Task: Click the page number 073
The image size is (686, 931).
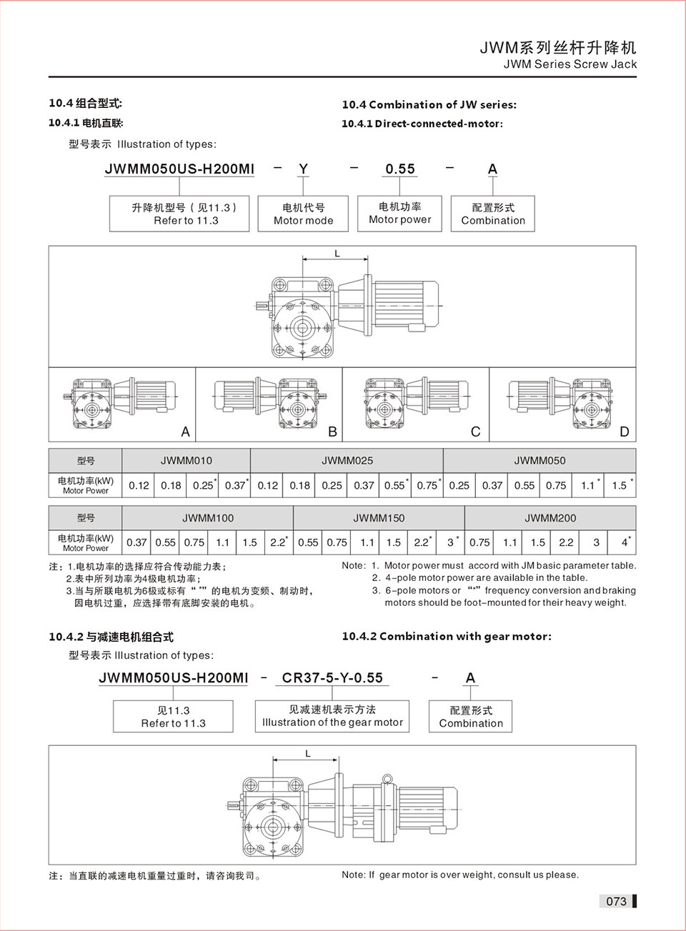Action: point(616,901)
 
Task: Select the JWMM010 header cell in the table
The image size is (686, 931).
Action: point(187,461)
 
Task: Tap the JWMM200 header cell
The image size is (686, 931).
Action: point(550,518)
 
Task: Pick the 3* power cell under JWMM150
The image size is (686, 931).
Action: point(452,542)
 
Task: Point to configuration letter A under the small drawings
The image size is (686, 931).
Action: point(186,432)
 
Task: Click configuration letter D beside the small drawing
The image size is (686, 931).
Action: point(625,432)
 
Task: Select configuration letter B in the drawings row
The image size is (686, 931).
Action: point(332,432)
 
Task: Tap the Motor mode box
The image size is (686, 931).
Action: point(303,214)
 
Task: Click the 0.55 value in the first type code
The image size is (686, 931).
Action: point(400,169)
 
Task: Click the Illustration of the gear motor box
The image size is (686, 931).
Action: point(332,716)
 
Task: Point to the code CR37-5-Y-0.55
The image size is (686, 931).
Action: point(332,677)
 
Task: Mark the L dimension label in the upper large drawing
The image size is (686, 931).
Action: point(337,254)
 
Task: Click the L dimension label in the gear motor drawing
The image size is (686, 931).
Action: point(308,754)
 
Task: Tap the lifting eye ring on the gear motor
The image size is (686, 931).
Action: point(387,780)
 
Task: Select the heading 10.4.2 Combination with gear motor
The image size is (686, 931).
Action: point(447,636)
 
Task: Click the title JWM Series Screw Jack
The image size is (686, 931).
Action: point(570,64)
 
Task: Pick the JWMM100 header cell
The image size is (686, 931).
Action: point(208,518)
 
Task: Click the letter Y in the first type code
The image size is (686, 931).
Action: point(303,169)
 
